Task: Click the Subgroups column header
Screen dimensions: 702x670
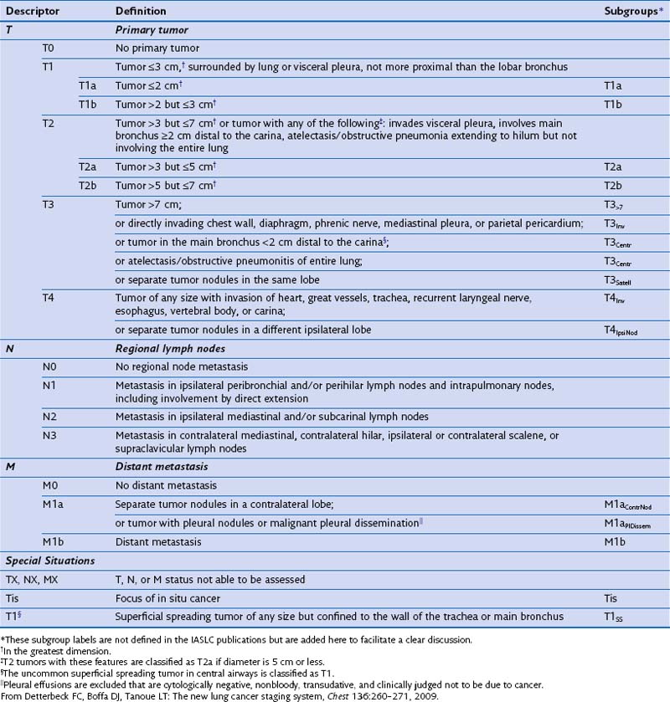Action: [x=632, y=11]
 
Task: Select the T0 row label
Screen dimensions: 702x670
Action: [x=49, y=48]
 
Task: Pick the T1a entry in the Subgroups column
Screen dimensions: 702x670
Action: [x=613, y=85]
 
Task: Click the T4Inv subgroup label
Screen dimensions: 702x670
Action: [x=616, y=300]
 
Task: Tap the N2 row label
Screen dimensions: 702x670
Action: [x=50, y=417]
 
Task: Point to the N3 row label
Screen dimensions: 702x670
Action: [x=50, y=435]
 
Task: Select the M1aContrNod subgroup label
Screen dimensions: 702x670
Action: [x=627, y=505]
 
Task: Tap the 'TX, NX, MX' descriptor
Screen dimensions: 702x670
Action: [x=33, y=580]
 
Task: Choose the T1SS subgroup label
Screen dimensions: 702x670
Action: [x=616, y=617]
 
